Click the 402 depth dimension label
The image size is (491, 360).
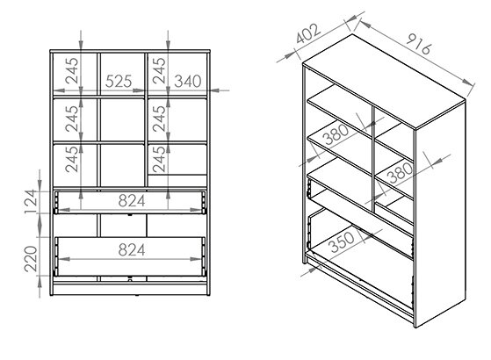pos(309,33)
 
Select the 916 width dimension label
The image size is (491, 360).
pos(419,43)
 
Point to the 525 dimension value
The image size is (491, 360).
pos(119,82)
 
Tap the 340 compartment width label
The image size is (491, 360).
pos(188,82)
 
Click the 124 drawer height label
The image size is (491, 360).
pos(32,202)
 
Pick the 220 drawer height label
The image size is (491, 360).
pos(32,258)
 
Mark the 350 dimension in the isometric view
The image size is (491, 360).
pos(343,241)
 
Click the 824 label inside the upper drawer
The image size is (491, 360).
pos(132,201)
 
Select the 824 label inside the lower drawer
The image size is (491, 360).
pos(132,250)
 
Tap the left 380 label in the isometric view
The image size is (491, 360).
pos(336,134)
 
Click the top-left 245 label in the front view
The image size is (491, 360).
pos(72,70)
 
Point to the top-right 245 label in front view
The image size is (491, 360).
pos(159,70)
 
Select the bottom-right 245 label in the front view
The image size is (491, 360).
pos(159,159)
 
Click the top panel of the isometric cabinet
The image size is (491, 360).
pos(384,82)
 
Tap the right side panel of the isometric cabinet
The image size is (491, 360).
pos(441,212)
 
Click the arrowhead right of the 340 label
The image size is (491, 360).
pos(215,90)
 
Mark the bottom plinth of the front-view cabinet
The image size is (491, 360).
pos(130,289)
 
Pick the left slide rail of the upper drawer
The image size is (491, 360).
pos(56,202)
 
